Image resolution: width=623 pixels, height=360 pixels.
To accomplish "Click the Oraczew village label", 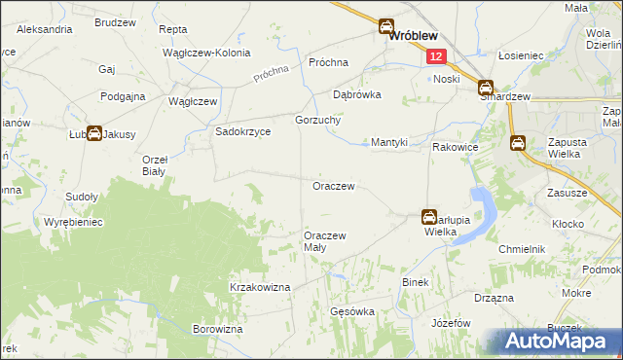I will click(331, 185).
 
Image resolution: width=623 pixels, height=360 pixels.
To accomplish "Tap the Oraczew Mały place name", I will click(324, 241).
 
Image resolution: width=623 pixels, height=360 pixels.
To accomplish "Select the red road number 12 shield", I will click(435, 58).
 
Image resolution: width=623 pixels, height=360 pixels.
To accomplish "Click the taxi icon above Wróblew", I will click(386, 27).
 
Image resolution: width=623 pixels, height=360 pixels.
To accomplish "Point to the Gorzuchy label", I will click(315, 120).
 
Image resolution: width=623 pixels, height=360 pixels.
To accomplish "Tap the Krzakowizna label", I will click(260, 287).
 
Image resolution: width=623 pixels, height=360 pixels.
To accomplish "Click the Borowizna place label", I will click(217, 330).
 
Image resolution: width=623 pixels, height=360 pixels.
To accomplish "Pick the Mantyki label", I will click(389, 141).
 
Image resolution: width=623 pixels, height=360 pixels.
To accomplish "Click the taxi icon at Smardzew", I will click(485, 90).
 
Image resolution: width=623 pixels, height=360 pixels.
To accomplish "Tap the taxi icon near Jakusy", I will click(94, 133).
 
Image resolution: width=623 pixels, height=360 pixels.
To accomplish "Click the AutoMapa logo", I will click(562, 342).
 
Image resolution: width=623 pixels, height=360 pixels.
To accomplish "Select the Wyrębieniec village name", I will click(73, 222).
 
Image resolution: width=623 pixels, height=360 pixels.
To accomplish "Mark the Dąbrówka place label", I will click(356, 95).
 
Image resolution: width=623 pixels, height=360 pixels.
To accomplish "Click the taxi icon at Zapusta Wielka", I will click(519, 143).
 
